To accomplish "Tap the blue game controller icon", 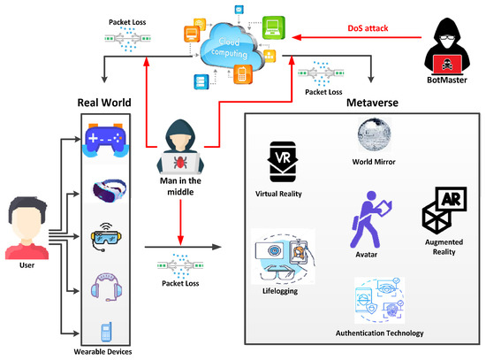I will point(105,141).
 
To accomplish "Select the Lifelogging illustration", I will point(281,257).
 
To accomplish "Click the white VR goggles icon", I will point(105,190).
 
